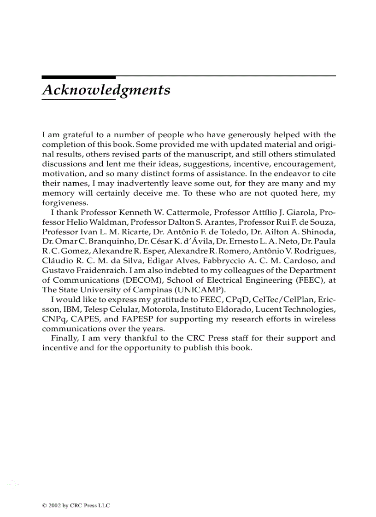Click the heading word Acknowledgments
[x=106, y=90]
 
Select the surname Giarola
[x=294, y=213]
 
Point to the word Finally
[x=64, y=338]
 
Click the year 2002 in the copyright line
[x=52, y=505]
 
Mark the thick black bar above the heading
[x=78, y=77]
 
